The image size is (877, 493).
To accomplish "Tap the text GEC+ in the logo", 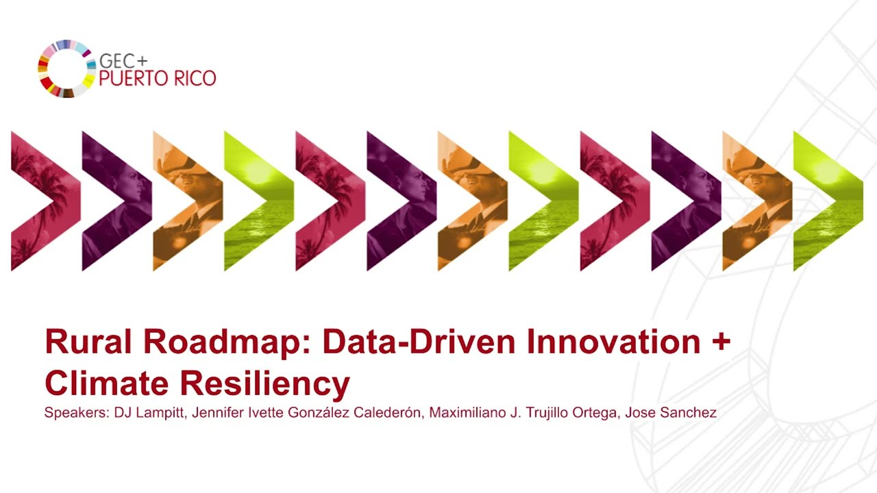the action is click(123, 61).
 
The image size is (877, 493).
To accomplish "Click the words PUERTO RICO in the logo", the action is click(158, 78).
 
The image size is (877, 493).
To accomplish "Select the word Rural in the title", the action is click(88, 342).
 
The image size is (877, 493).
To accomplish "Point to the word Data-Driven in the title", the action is click(419, 342).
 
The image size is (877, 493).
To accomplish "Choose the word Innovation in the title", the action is click(613, 342).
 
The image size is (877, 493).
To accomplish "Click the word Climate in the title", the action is click(106, 383).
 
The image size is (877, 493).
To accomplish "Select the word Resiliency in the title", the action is click(265, 385).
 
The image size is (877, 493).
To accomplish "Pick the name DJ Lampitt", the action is click(149, 413).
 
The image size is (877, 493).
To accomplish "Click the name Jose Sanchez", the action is click(671, 412).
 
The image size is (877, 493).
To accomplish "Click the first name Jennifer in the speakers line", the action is click(218, 412).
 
